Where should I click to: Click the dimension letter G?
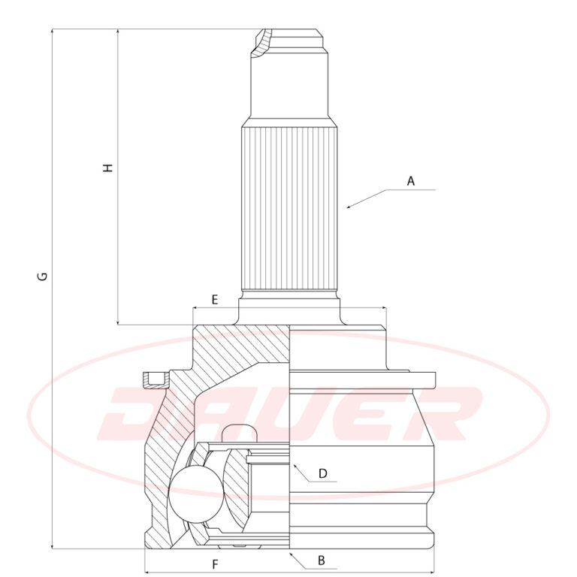tap(43, 276)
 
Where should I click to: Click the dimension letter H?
tap(107, 168)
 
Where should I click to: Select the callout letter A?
tap(411, 181)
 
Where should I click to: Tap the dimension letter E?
tap(215, 300)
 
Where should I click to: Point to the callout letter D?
tap(323, 473)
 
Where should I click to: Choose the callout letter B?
tap(322, 560)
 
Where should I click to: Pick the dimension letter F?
tap(216, 564)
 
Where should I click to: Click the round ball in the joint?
tap(196, 494)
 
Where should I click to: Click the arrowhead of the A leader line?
tap(349, 207)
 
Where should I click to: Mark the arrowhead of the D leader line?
tap(295, 467)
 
